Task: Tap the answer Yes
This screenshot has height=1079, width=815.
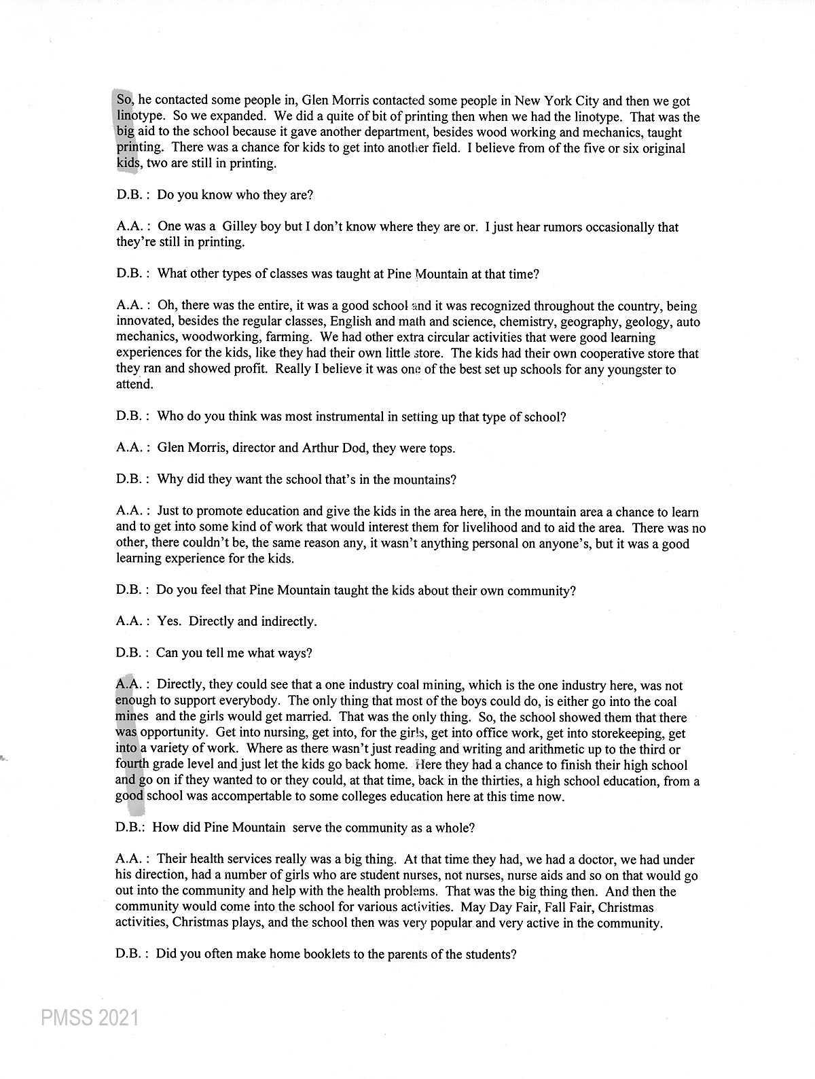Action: (x=168, y=621)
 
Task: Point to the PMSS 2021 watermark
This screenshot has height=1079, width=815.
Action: (x=90, y=1018)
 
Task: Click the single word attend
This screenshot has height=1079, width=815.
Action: (x=134, y=385)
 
